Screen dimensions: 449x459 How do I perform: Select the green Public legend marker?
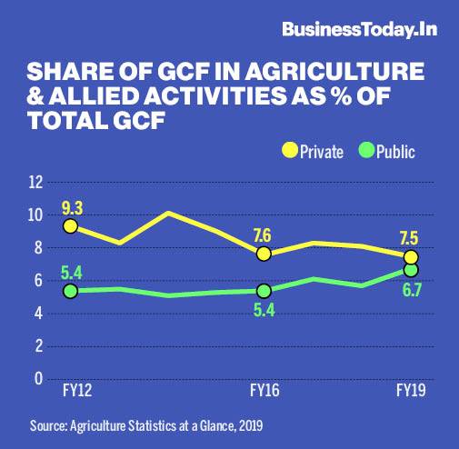coord(366,150)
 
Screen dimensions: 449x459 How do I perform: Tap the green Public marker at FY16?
coord(264,291)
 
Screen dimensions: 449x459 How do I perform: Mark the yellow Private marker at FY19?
coord(411,257)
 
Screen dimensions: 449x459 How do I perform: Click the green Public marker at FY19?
coord(411,270)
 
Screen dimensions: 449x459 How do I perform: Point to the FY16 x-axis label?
coord(264,391)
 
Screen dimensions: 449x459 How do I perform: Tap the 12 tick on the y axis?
coord(36,183)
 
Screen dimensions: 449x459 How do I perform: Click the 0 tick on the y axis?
coord(38,379)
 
